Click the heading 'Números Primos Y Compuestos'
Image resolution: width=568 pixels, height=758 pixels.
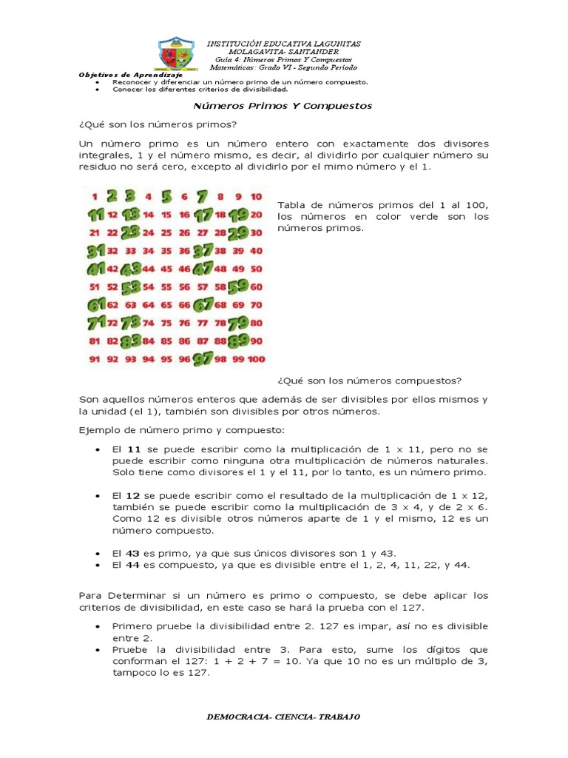coord(283,106)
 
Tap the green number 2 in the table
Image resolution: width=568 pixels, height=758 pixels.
coord(112,197)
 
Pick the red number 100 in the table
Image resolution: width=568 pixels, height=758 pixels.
coord(255,359)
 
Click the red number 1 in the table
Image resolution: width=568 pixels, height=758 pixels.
coord(95,197)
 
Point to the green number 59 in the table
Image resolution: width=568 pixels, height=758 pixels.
coord(237,286)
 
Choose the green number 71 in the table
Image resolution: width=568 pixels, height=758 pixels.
coord(95,323)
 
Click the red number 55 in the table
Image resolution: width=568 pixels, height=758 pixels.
coord(166,286)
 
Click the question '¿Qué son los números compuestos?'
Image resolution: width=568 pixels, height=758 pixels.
coord(369,380)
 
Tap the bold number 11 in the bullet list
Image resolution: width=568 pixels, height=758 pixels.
coord(134,449)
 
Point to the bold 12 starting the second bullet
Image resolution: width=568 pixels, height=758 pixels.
coord(134,494)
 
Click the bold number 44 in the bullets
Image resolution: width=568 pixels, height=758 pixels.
coord(134,565)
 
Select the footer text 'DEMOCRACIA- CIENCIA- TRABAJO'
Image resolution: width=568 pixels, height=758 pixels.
coord(283,717)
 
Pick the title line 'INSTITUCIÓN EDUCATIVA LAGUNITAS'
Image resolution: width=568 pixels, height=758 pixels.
coord(283,44)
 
